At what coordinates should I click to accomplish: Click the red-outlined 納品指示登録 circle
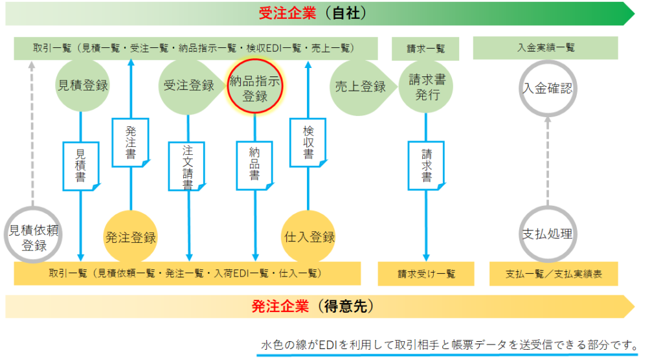point(254,86)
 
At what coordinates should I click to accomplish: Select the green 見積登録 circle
point(82,85)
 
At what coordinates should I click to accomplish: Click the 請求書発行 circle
point(426,87)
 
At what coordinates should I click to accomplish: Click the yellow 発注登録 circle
point(130,237)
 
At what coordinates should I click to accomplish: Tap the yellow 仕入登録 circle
point(308,237)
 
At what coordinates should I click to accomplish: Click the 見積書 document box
point(81,166)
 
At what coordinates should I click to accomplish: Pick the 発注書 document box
point(130,142)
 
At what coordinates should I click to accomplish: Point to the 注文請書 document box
point(187,166)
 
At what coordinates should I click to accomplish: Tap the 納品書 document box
point(254,165)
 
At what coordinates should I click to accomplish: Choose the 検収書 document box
point(308,142)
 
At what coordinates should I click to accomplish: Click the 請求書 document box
point(426,165)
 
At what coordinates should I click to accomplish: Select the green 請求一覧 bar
point(425,49)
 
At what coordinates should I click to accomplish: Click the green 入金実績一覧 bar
point(545,48)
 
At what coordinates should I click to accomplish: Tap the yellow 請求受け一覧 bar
point(426,274)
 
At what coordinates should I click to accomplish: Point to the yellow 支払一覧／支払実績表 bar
point(554,274)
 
